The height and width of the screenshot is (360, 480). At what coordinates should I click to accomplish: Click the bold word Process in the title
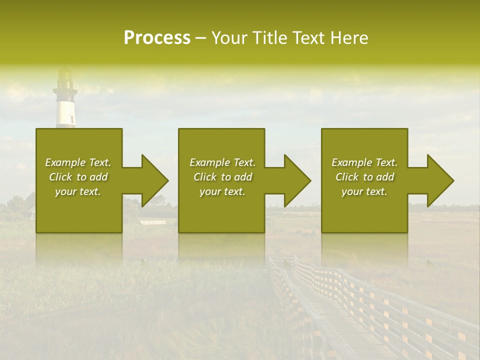[157, 38]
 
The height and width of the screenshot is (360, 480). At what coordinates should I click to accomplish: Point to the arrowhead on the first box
[154, 180]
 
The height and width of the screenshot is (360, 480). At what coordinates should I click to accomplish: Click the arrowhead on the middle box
[297, 180]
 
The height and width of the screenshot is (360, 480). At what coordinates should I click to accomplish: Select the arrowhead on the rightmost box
[440, 180]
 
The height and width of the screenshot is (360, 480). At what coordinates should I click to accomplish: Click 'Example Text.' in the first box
[78, 162]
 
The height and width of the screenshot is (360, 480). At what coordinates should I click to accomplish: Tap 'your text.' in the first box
[78, 191]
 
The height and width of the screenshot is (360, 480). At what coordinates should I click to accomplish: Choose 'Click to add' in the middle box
[222, 177]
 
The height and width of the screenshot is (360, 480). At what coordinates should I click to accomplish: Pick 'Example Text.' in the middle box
[222, 162]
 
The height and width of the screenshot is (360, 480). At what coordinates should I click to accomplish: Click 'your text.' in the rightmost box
[364, 191]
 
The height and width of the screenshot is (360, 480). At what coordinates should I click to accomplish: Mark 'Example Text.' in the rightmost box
[364, 162]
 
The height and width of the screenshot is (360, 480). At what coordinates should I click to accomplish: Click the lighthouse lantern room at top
[65, 78]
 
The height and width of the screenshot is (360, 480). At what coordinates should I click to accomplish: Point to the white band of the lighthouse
[65, 113]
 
